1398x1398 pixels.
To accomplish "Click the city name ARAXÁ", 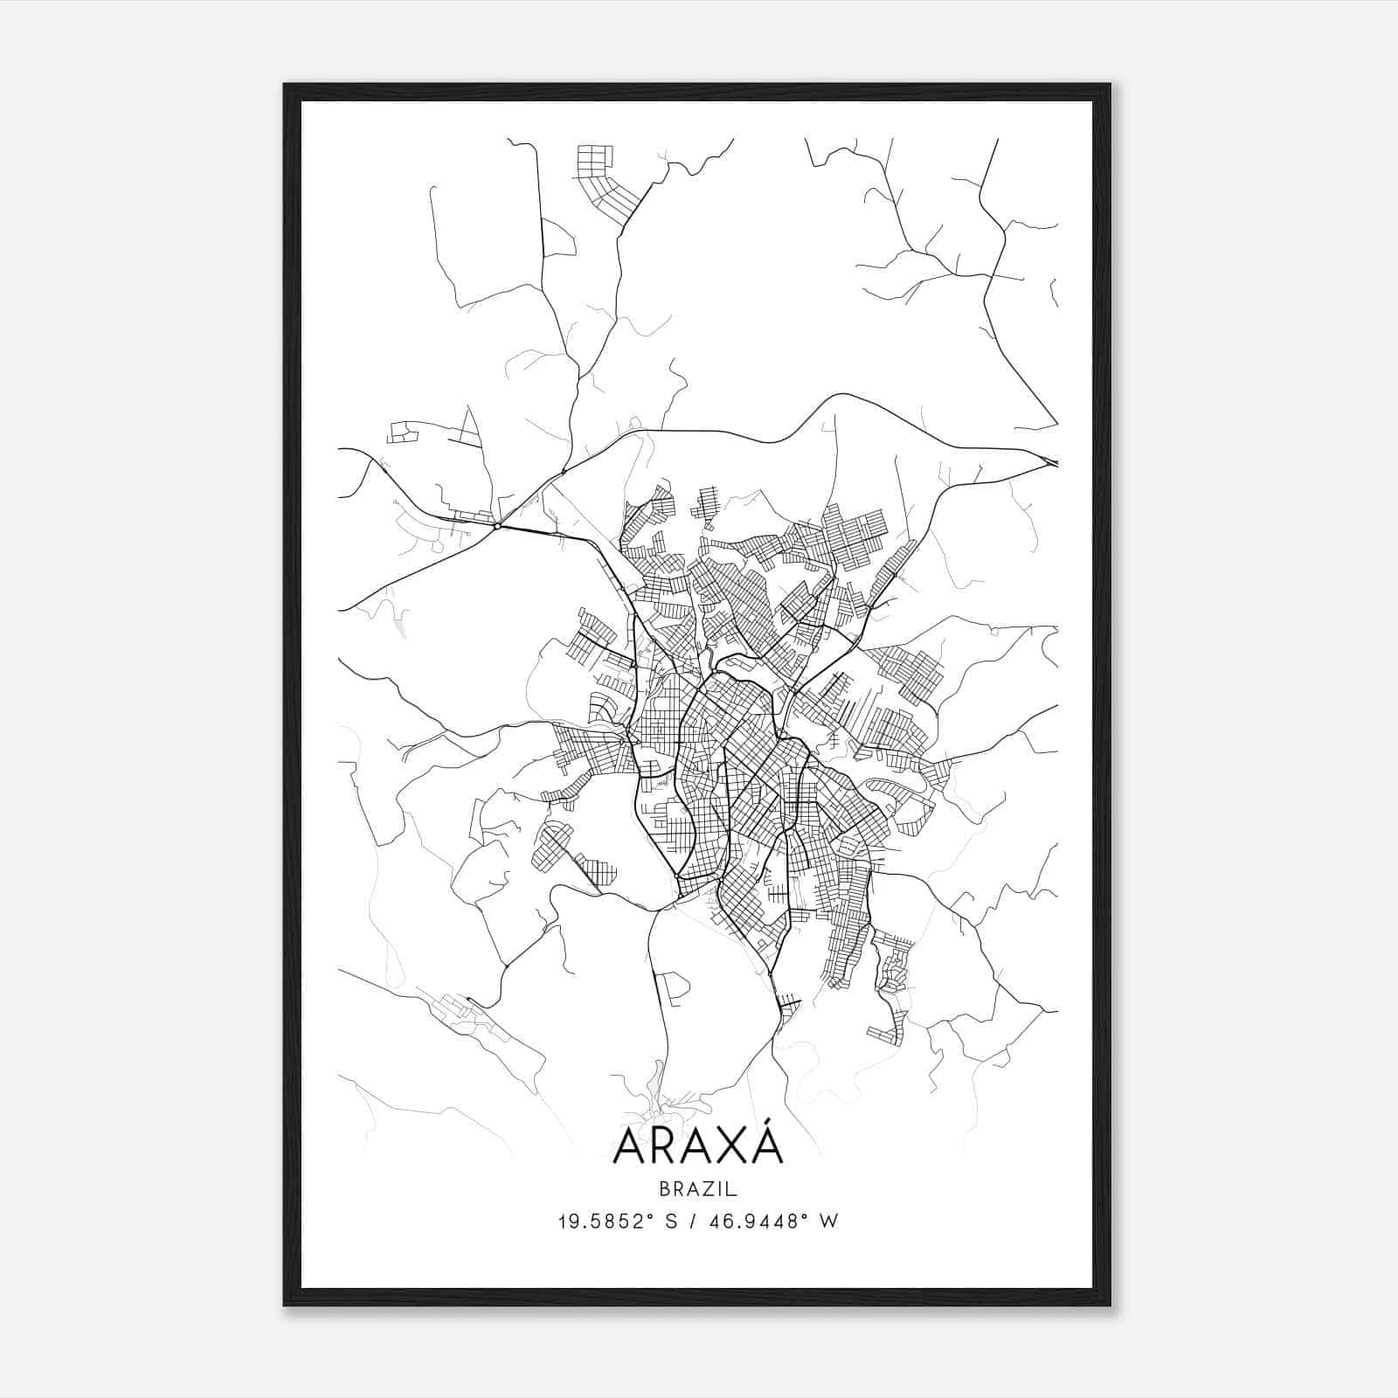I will [x=698, y=1146].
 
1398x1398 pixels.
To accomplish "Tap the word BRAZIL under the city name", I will [x=698, y=1188].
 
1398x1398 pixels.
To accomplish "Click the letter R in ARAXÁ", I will [x=672, y=1147].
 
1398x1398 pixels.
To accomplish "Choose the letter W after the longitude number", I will [x=829, y=1222].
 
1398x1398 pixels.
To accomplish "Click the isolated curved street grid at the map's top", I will [x=603, y=179].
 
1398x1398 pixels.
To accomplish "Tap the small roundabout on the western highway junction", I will [x=496, y=526].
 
